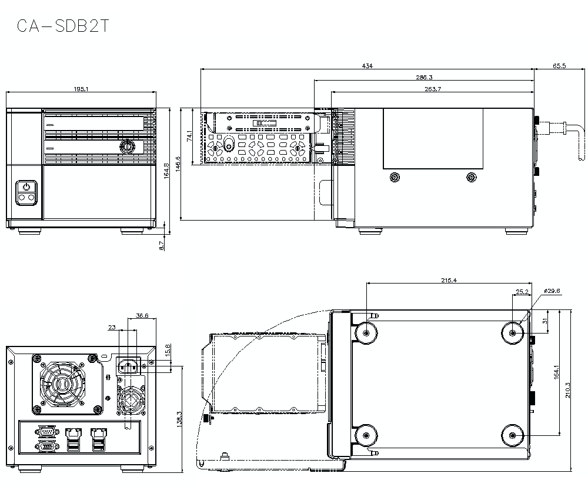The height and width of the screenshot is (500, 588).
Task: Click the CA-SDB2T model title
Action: point(63,26)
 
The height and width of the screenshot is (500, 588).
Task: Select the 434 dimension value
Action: point(367,66)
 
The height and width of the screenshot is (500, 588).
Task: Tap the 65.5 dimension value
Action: point(559,66)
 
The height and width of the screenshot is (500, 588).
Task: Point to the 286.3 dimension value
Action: point(424,77)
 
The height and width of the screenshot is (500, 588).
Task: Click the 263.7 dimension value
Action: point(433,89)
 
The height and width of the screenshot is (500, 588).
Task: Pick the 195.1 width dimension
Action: point(81,89)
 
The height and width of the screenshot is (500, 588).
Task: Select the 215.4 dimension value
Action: point(449,280)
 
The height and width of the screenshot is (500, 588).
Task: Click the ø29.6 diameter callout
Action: point(552,291)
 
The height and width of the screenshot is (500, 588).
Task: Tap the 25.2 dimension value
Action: point(522,291)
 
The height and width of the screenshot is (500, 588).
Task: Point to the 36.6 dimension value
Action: point(142,315)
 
